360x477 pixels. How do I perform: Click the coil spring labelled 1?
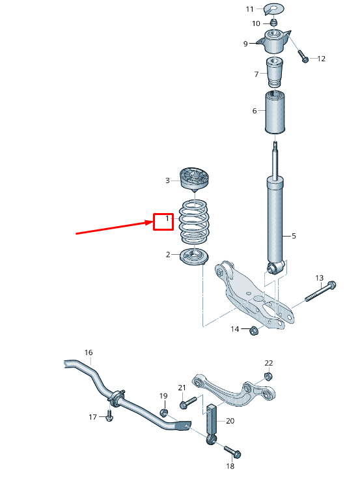click(193, 222)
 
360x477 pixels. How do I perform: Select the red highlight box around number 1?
click(163, 222)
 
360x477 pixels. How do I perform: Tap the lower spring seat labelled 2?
click(193, 257)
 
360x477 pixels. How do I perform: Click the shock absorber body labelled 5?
click(275, 222)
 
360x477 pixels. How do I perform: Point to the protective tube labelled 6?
click(276, 113)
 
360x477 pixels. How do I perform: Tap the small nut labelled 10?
click(274, 23)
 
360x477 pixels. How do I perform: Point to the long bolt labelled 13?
click(319, 294)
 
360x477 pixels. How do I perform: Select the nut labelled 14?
click(254, 330)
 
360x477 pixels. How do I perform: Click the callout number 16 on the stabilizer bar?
click(89, 353)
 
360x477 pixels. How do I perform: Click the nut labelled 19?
click(164, 413)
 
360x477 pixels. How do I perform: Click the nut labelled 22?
click(268, 376)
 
